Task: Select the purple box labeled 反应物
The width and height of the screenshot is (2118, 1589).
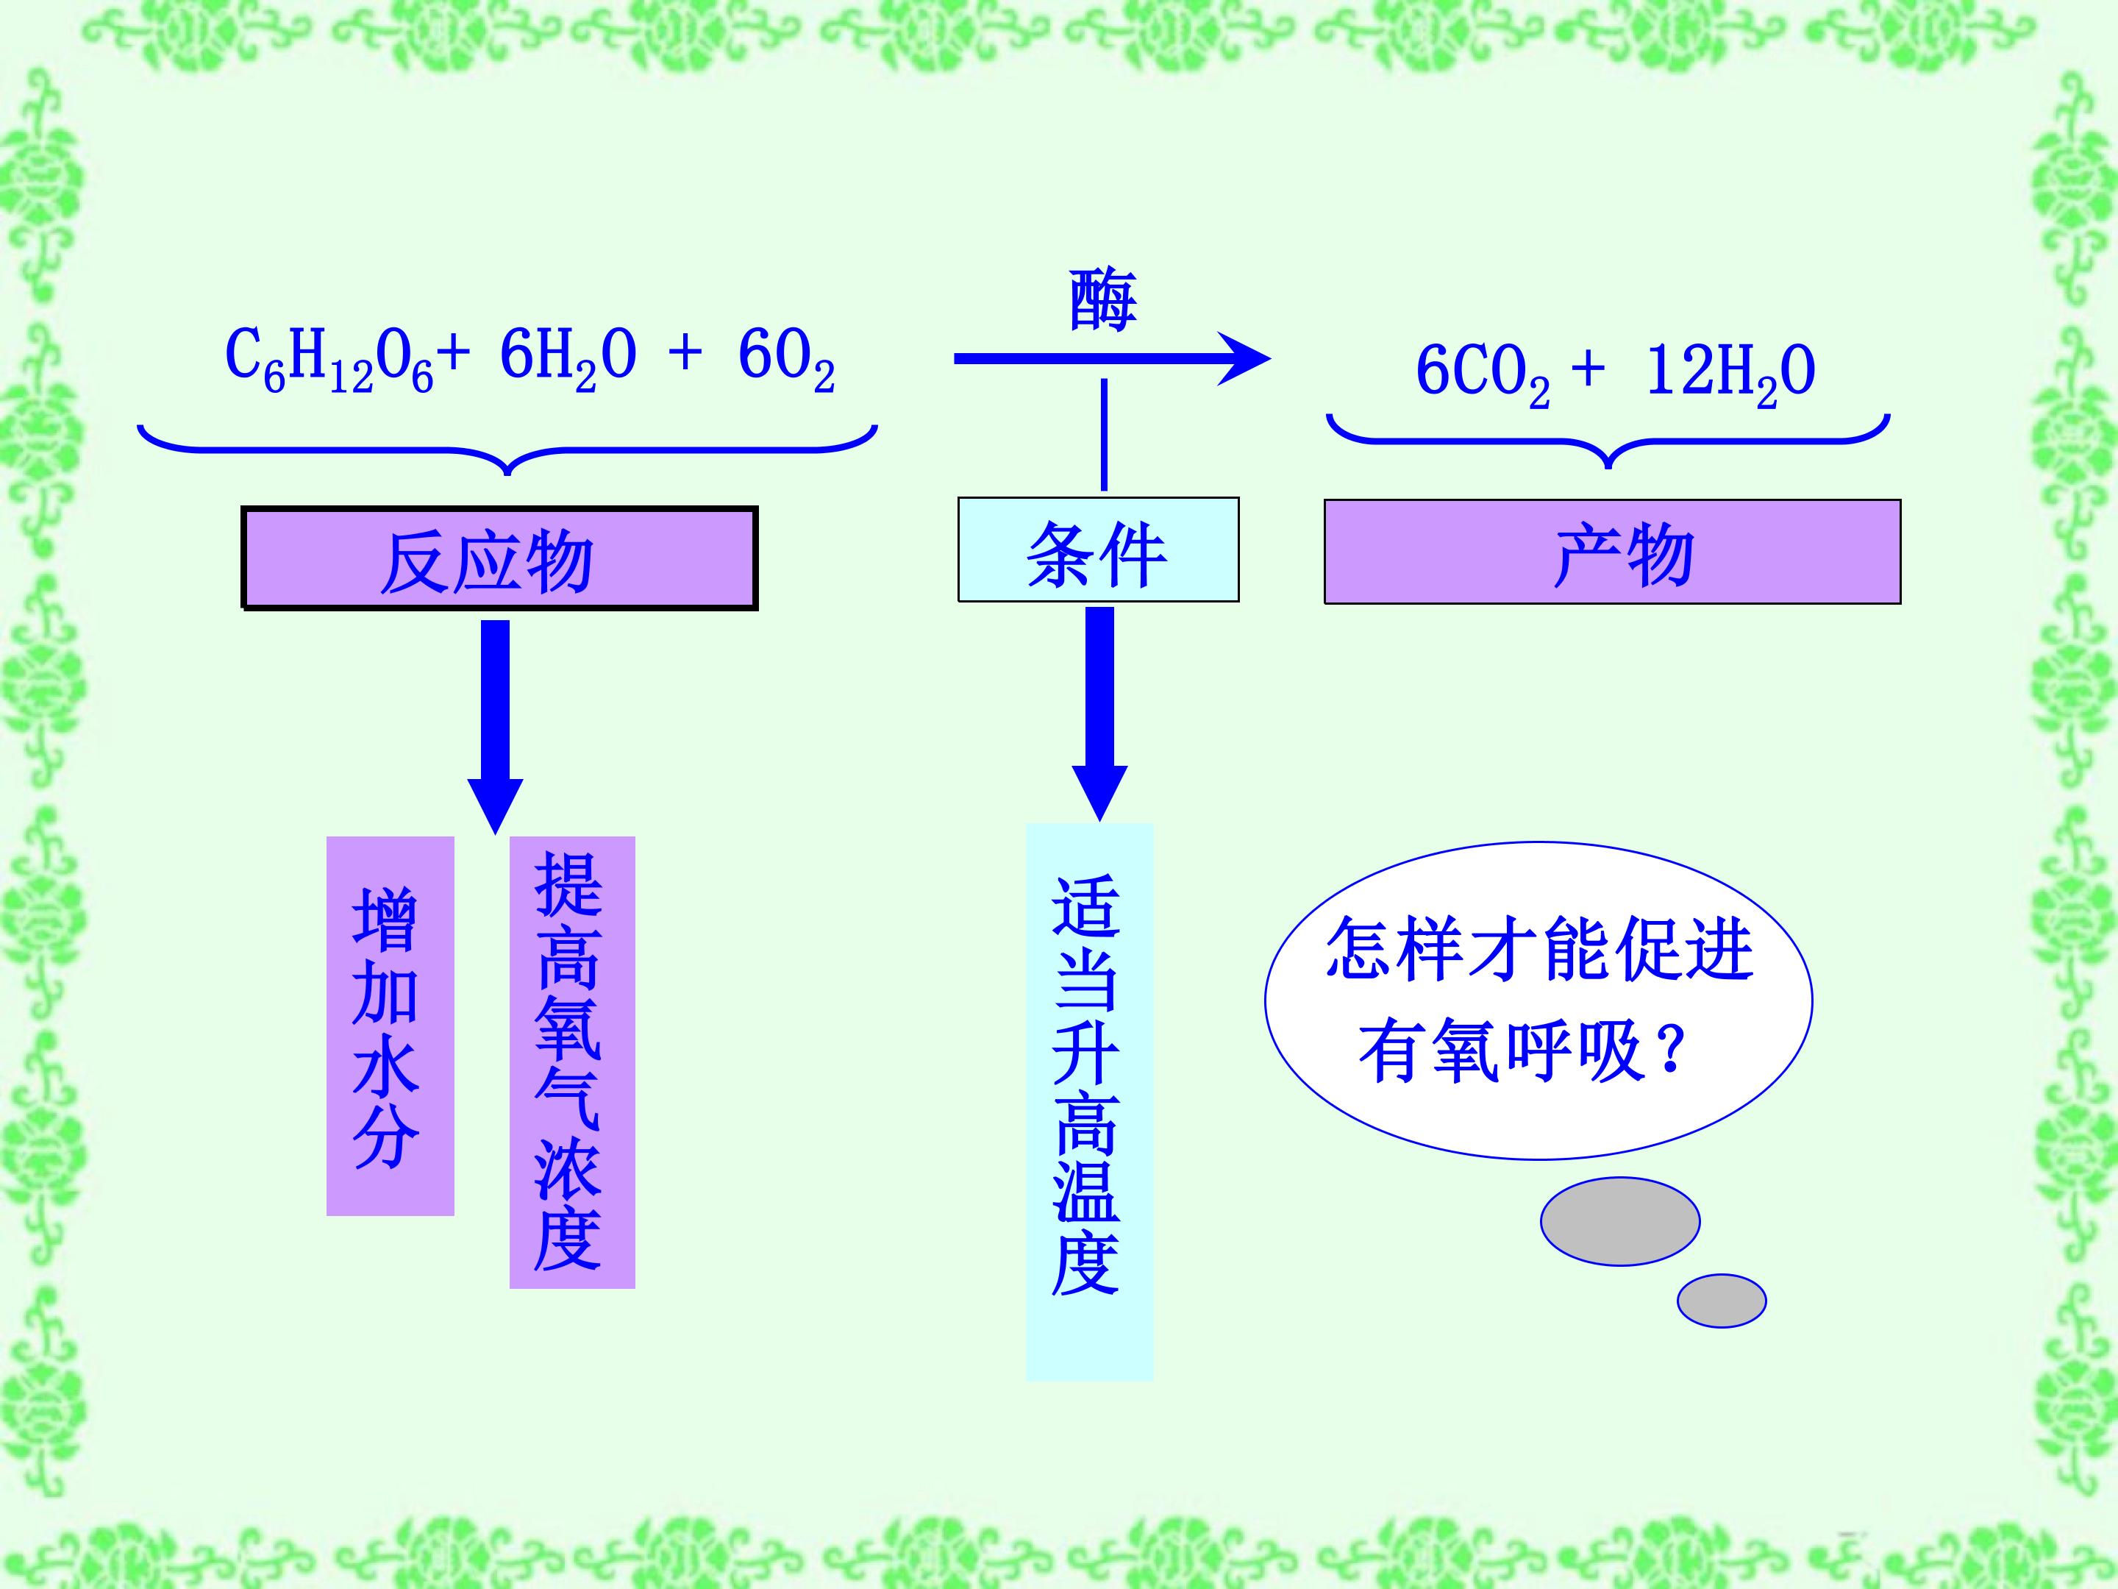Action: (499, 558)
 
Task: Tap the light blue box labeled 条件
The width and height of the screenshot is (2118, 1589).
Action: (1098, 550)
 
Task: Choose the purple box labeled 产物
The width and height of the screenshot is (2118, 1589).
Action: (1613, 552)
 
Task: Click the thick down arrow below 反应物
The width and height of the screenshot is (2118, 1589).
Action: (495, 727)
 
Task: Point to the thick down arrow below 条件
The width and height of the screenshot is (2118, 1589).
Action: (1099, 714)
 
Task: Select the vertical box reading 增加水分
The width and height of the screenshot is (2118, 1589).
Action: (391, 1025)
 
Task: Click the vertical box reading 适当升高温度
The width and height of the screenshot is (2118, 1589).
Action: (1090, 1101)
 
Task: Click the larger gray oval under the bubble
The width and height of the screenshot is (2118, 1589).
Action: (1620, 1221)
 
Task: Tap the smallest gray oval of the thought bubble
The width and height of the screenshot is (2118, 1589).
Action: (1722, 1301)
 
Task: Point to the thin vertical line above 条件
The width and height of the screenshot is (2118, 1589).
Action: (1104, 435)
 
